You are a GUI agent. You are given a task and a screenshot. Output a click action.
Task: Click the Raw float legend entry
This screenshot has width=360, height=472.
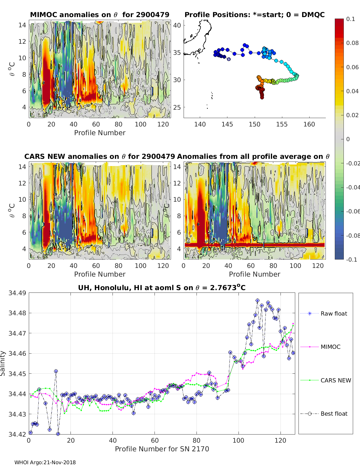[334, 313]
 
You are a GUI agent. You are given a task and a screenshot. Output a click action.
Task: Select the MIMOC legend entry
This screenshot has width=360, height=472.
[330, 347]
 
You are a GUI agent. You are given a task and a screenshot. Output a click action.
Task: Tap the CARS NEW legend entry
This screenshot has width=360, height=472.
[335, 380]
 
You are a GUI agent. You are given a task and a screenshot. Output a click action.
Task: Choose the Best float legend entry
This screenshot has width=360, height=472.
[334, 414]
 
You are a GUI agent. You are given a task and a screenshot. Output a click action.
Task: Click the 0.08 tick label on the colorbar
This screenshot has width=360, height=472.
[352, 43]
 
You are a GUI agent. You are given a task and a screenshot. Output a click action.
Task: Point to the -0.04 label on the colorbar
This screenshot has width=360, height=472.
[353, 187]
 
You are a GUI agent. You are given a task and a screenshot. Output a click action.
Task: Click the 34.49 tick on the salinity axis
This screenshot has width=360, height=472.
[17, 293]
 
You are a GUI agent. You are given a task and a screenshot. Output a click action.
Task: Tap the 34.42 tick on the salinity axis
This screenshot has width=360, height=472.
[17, 434]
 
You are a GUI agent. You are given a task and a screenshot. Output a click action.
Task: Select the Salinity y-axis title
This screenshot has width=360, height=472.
[3, 363]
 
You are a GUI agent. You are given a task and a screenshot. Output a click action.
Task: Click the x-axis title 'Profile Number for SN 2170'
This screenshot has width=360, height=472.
[162, 449]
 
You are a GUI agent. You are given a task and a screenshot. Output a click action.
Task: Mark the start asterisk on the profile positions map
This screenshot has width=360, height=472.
[229, 59]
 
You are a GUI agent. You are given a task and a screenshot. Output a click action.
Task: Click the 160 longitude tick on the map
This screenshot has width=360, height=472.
[309, 124]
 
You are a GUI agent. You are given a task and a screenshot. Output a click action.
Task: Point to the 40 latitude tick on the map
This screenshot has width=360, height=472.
[177, 25]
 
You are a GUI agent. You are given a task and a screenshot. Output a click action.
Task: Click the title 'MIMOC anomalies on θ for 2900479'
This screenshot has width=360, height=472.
[100, 15]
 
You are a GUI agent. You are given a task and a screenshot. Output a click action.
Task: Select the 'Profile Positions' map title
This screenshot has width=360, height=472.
[254, 15]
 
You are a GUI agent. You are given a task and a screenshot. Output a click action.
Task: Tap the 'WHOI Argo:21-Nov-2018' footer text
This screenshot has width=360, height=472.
[45, 462]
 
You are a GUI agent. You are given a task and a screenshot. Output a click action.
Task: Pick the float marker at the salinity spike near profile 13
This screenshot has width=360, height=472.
[56, 371]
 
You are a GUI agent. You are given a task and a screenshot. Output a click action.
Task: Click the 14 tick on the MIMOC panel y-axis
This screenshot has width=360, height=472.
[22, 25]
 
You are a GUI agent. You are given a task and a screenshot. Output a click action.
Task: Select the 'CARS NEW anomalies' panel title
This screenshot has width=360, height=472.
[100, 156]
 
